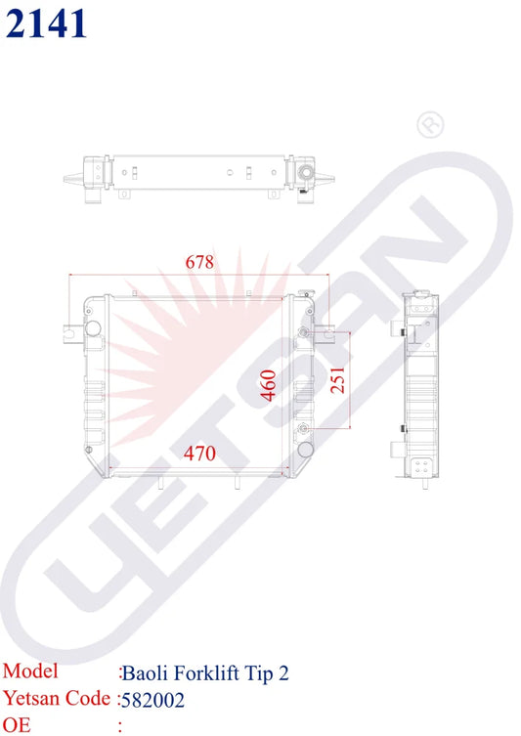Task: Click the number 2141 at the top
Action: tap(46, 22)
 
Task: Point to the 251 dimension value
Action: tap(337, 380)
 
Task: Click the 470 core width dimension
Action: tap(199, 453)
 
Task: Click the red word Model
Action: tap(31, 671)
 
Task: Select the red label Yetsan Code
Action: tap(56, 699)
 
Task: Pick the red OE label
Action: tap(17, 725)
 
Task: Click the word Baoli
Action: tap(145, 672)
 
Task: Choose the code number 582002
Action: tap(153, 700)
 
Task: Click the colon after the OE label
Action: tap(119, 726)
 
